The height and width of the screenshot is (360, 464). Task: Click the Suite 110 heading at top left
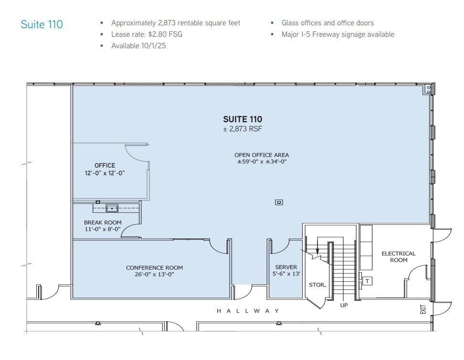pyautogui.click(x=42, y=24)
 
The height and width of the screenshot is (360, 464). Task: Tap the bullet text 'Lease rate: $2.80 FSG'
pyautogui.click(x=147, y=34)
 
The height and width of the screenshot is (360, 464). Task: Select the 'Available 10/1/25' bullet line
pyautogui.click(x=138, y=46)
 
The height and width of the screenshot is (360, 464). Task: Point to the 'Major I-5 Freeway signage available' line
pyautogui.click(x=337, y=34)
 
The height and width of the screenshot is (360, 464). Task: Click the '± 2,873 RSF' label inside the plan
pyautogui.click(x=243, y=129)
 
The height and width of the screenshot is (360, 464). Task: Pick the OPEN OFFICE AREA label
pyautogui.click(x=262, y=155)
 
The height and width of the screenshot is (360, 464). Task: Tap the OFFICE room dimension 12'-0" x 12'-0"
pyautogui.click(x=105, y=173)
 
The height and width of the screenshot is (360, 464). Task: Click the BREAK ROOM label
pyautogui.click(x=103, y=222)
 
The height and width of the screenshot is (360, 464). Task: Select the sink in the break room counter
pyautogui.click(x=112, y=208)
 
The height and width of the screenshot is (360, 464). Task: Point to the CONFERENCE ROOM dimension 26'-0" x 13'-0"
pyautogui.click(x=154, y=275)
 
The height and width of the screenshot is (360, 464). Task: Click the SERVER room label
pyautogui.click(x=286, y=267)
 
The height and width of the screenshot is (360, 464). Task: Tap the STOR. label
pyautogui.click(x=317, y=285)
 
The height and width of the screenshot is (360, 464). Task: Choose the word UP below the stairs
pyautogui.click(x=344, y=305)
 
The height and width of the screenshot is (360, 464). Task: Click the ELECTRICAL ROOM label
pyautogui.click(x=399, y=257)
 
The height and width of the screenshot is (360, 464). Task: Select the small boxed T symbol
pyautogui.click(x=367, y=281)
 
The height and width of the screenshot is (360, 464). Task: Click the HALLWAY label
pyautogui.click(x=247, y=311)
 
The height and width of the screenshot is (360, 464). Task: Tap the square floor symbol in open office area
pyautogui.click(x=279, y=202)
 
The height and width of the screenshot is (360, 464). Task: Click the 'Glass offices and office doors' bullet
pyautogui.click(x=327, y=23)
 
